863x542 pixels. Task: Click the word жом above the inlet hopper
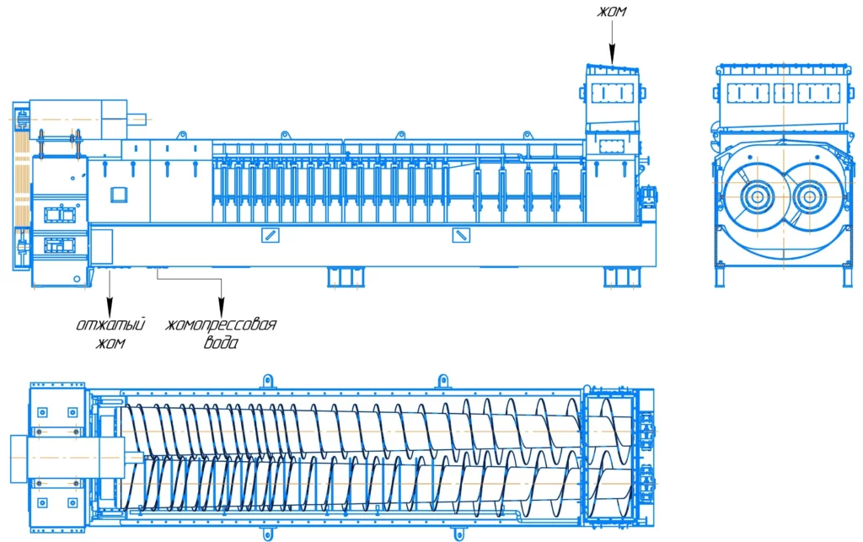[x=612, y=12]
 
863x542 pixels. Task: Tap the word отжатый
[x=110, y=324]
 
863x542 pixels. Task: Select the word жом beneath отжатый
[x=110, y=343]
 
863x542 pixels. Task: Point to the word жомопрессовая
[x=221, y=324]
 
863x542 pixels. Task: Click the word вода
[x=222, y=343]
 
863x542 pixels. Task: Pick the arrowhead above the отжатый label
[x=110, y=307]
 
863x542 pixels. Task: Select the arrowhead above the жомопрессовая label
[x=222, y=307]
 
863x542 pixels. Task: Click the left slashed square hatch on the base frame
[x=270, y=235]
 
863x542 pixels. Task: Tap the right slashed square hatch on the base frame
[x=461, y=235]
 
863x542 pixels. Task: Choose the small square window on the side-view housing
[x=119, y=194]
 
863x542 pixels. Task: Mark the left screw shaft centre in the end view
[x=758, y=196]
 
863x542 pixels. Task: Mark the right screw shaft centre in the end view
[x=808, y=196]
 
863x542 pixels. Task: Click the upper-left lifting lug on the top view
[x=267, y=381]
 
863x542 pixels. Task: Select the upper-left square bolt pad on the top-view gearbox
[x=42, y=412]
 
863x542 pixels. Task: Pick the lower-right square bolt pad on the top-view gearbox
[x=72, y=503]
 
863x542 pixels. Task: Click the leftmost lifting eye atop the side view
[x=181, y=136]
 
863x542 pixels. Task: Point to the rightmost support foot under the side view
[x=622, y=277]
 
